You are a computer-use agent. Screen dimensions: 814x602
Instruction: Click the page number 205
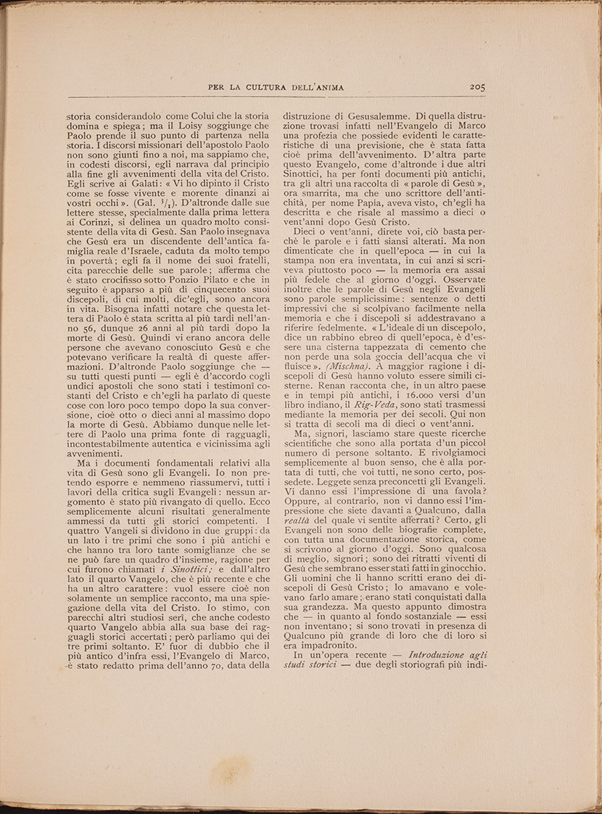(x=477, y=86)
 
